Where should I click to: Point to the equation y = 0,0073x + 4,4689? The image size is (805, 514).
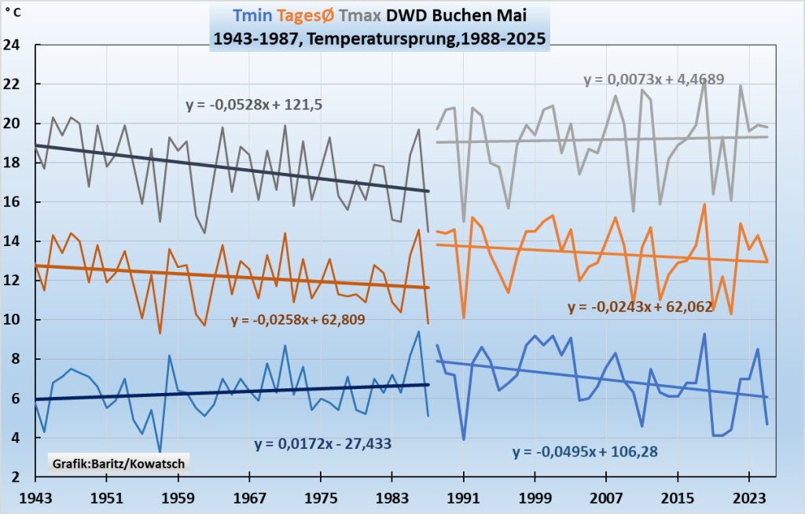[x=653, y=79]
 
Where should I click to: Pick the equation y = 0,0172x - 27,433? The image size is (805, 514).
[x=322, y=444]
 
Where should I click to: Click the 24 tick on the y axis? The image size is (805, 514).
[x=13, y=45]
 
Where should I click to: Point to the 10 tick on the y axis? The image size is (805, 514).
[x=13, y=320]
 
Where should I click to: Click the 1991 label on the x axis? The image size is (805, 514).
[x=464, y=497]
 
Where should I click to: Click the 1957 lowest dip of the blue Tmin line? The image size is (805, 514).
[x=160, y=451]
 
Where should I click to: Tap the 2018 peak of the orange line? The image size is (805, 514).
[x=704, y=204]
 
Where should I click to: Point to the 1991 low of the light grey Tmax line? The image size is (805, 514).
[x=464, y=221]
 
